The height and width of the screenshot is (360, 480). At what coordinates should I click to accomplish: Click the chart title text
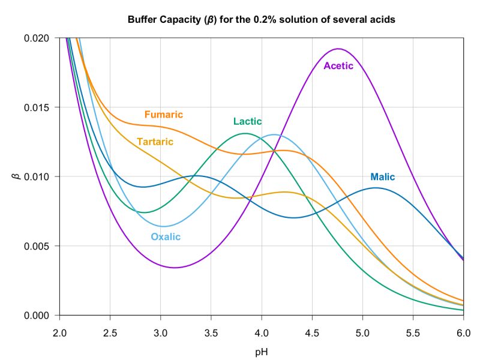(261, 19)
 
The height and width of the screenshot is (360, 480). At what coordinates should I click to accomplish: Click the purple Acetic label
(338, 66)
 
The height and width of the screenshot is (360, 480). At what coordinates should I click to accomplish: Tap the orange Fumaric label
(163, 115)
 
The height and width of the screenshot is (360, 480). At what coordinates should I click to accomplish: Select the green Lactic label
(247, 122)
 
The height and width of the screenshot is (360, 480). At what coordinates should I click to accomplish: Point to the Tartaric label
(155, 142)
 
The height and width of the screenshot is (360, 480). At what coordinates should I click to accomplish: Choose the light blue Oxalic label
(166, 237)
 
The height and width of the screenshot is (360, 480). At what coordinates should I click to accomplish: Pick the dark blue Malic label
(382, 177)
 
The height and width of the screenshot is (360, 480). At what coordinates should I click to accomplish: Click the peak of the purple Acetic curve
(338, 49)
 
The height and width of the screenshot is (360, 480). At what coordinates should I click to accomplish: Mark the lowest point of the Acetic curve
(175, 268)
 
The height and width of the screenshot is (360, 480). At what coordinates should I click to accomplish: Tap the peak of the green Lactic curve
(245, 133)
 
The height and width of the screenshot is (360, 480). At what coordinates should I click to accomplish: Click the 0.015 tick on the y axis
(40, 107)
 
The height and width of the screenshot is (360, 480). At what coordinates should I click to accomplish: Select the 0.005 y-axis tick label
(40, 246)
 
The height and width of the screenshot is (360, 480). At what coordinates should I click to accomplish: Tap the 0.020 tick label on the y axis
(40, 38)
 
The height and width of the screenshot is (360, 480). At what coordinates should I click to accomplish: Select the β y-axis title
(16, 176)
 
